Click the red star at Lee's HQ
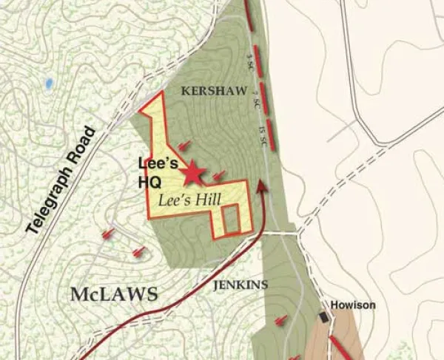192,173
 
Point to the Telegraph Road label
61,180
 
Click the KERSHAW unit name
202,90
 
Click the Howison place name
353,305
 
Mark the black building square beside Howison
323,317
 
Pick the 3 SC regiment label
250,58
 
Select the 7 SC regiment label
255,101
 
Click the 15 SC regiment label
262,137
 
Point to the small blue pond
49,84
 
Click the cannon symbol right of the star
219,176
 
